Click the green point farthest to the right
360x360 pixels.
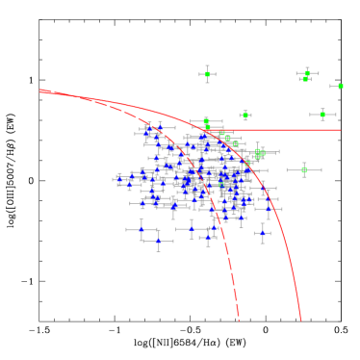(340, 86)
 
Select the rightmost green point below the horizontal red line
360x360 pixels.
(304, 170)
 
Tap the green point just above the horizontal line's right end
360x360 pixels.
(322, 115)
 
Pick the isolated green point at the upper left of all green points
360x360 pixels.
(207, 74)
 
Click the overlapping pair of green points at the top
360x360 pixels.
(306, 75)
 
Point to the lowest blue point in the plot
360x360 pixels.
(159, 241)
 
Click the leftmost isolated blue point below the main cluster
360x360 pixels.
(141, 230)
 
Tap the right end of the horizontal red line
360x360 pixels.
(340, 129)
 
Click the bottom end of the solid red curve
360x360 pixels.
(301, 320)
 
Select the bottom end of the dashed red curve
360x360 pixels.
(239, 319)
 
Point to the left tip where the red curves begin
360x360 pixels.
(40, 90)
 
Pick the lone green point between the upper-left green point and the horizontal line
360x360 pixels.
(245, 116)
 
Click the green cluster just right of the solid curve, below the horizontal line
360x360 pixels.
(259, 153)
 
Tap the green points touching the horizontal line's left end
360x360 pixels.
(206, 124)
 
